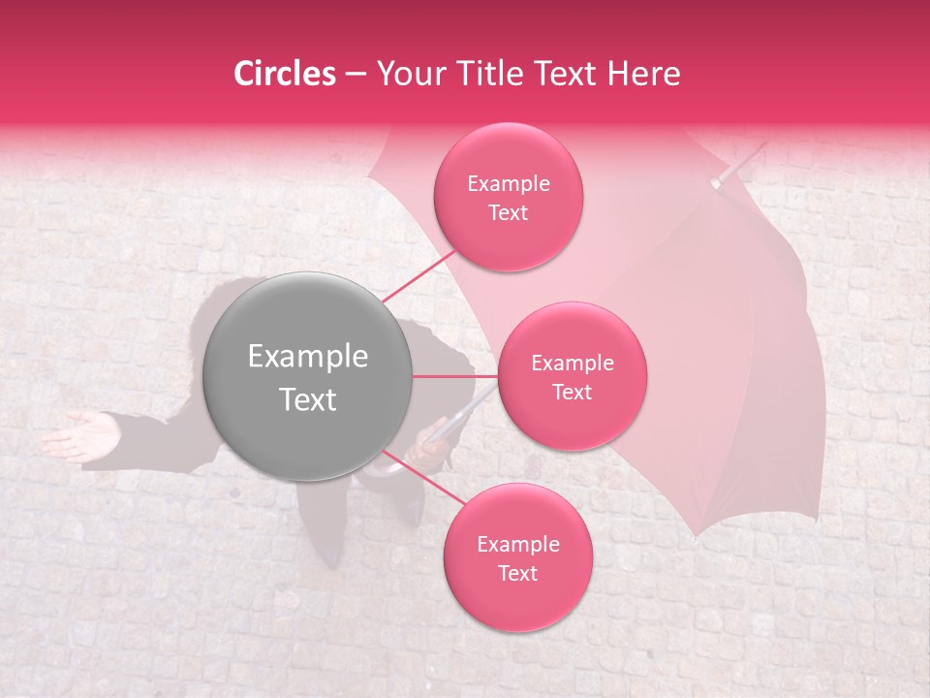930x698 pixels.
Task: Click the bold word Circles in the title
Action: coord(284,74)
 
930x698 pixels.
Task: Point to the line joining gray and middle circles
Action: coord(454,376)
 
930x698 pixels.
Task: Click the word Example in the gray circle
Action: coord(307,357)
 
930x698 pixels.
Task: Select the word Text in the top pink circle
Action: coord(508,212)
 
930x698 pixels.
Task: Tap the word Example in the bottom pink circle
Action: coord(517,545)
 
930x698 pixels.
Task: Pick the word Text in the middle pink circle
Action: coord(572,392)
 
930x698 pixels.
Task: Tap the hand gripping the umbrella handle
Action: coord(426,451)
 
